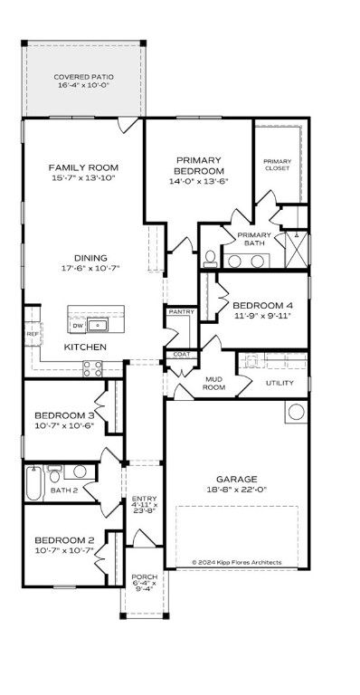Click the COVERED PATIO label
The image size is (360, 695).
(83, 78)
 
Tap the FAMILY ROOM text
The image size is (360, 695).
(83, 167)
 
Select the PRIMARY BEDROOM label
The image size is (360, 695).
(199, 165)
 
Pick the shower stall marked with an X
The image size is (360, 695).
(296, 247)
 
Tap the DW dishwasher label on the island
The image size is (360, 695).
(78, 325)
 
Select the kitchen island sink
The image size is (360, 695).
(99, 325)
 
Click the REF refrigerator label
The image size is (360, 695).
(32, 334)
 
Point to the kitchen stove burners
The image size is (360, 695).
(92, 367)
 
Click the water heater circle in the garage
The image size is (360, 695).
(294, 413)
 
